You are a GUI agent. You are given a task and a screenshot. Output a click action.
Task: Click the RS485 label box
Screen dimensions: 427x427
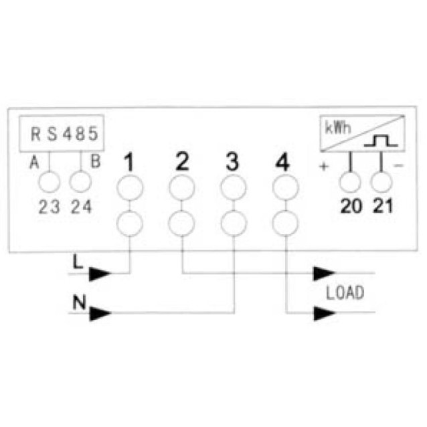click(x=62, y=116)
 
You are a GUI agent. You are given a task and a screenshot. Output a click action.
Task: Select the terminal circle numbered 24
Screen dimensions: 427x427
click(x=80, y=172)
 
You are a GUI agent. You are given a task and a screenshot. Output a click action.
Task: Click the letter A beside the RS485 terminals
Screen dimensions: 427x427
click(x=34, y=163)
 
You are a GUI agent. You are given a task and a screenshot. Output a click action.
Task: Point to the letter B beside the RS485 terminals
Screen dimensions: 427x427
click(x=96, y=161)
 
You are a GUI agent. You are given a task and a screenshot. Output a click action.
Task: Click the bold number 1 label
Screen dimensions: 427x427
click(x=129, y=162)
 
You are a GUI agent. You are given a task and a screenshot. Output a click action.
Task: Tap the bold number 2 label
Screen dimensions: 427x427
click(x=182, y=161)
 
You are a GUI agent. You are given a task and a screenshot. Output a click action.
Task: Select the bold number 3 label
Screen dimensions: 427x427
click(x=232, y=162)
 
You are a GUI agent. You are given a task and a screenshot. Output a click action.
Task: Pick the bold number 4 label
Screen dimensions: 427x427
click(x=282, y=162)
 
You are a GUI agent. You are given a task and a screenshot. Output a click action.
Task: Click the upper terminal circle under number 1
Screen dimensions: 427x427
click(x=130, y=176)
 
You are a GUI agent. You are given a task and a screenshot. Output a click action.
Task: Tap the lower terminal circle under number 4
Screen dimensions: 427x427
click(x=285, y=211)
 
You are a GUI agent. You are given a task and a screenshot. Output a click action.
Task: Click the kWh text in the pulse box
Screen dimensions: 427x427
click(x=338, y=127)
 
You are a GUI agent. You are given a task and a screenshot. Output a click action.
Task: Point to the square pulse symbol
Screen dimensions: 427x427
click(x=381, y=141)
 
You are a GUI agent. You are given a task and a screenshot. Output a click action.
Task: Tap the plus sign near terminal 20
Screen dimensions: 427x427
click(x=324, y=166)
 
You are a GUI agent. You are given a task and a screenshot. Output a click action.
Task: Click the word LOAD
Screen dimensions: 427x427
click(x=345, y=292)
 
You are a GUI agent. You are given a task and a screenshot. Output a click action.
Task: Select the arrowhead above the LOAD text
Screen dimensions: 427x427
click(x=324, y=273)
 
